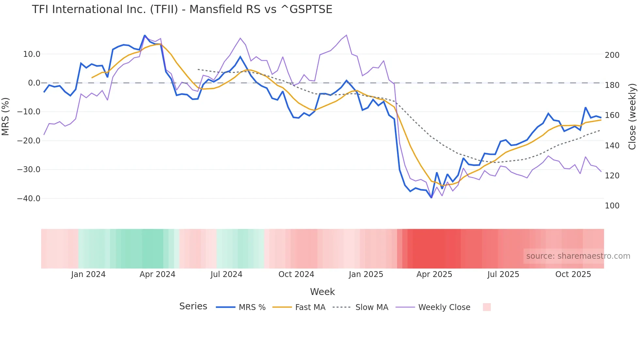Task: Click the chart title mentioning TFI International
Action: [x=182, y=9]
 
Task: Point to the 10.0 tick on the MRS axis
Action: [x=32, y=54]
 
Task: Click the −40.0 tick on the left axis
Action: [x=29, y=199]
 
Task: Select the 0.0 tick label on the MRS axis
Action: [x=34, y=83]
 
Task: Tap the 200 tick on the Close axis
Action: [x=612, y=55]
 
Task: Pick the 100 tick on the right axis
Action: [x=612, y=206]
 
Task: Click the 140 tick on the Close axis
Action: [x=612, y=146]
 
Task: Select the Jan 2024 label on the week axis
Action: [x=88, y=274]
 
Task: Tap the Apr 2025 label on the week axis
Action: [x=434, y=274]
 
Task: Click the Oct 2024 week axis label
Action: [x=296, y=274]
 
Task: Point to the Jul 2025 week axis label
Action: [x=503, y=274]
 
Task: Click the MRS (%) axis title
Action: [x=6, y=116]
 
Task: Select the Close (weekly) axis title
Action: [x=632, y=116]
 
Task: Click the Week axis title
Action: [x=322, y=292]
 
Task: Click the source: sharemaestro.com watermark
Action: [x=578, y=256]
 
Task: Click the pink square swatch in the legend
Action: [x=487, y=307]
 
